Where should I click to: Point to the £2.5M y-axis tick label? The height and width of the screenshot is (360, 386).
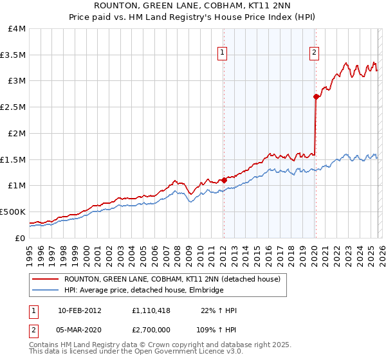(x=13, y=107)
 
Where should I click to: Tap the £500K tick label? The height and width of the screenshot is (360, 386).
(x=13, y=212)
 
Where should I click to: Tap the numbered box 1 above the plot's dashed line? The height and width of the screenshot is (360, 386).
(x=223, y=53)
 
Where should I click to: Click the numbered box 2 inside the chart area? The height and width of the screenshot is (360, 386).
(x=315, y=53)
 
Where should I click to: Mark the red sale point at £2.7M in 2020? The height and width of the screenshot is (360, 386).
(x=316, y=97)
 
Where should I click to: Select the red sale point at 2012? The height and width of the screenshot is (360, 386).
(x=224, y=180)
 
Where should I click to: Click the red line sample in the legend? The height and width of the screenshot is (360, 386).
(x=46, y=280)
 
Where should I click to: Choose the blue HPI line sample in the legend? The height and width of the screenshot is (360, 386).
(x=46, y=291)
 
